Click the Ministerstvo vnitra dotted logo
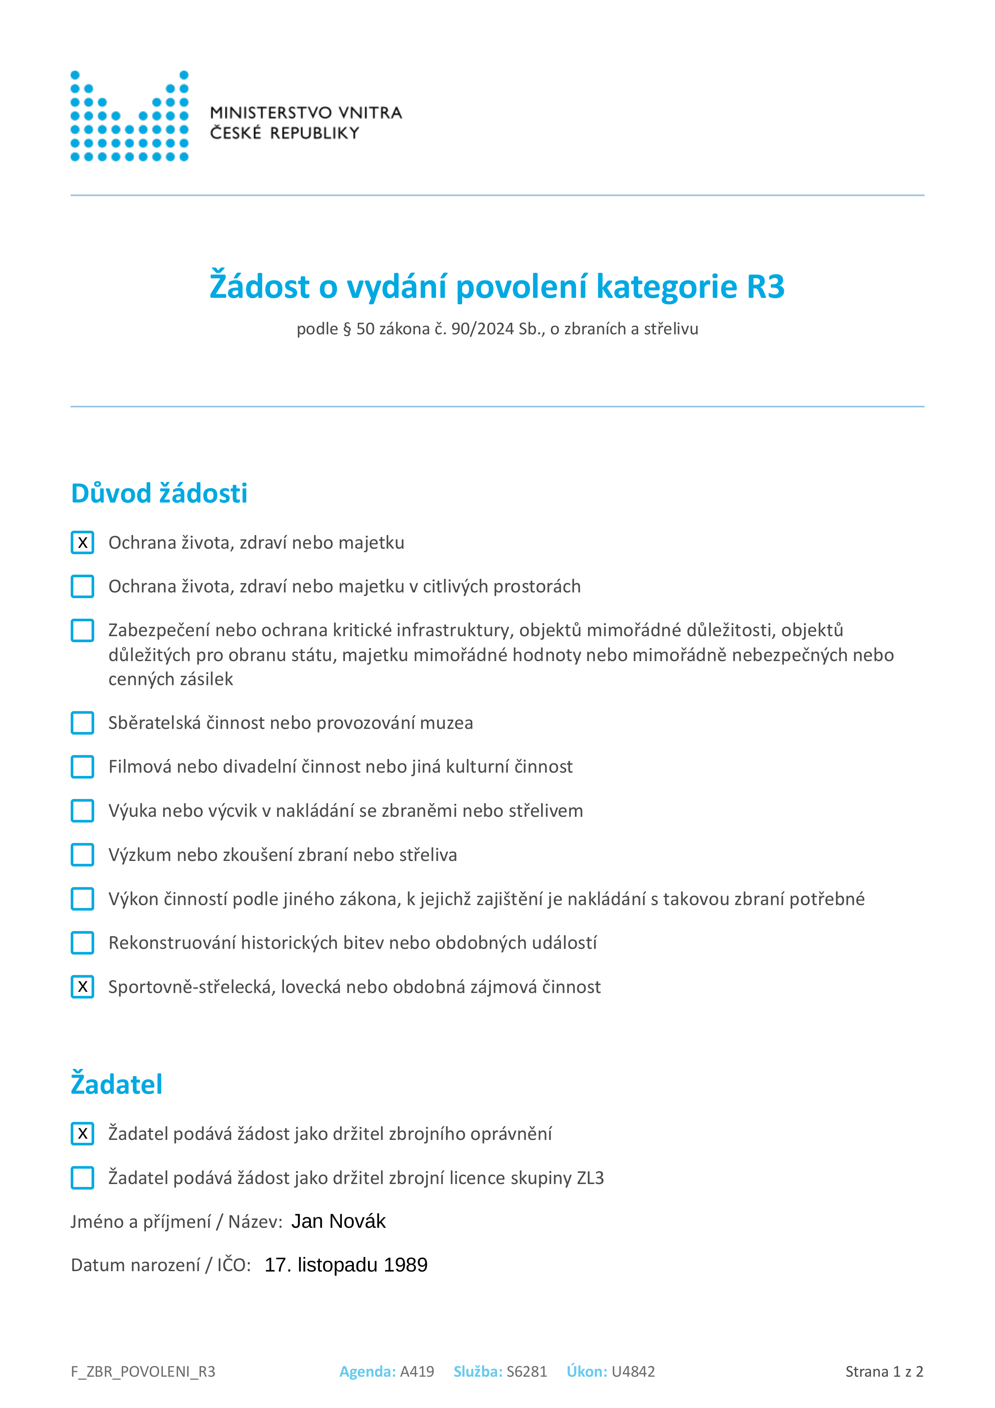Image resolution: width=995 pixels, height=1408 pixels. tap(129, 116)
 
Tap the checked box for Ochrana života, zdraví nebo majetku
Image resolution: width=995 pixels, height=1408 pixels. tap(83, 543)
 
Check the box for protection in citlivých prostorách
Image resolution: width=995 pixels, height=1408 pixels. tap(83, 586)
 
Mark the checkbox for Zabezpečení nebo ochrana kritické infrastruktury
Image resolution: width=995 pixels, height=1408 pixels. tap(83, 631)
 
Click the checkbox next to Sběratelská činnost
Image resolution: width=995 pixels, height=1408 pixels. tap(83, 723)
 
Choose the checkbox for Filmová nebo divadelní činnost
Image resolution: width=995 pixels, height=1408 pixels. tap(83, 767)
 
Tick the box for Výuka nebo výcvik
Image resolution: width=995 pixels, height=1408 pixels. tap(83, 811)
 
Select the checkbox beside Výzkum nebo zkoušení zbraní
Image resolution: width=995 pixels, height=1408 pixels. tap(83, 855)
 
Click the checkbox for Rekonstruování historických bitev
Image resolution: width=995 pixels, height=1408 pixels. tap(83, 942)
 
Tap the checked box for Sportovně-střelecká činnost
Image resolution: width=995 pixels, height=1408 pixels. tap(83, 987)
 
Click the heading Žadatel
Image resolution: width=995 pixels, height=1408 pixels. tap(116, 1084)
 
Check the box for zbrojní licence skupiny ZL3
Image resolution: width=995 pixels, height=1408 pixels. tap(83, 1178)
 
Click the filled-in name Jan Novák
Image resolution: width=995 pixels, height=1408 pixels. tap(338, 1221)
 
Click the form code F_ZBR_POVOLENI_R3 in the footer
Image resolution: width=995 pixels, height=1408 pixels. tap(143, 1372)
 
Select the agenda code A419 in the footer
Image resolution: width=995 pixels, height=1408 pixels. tap(417, 1372)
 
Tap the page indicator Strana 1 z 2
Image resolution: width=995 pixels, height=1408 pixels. tap(884, 1372)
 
